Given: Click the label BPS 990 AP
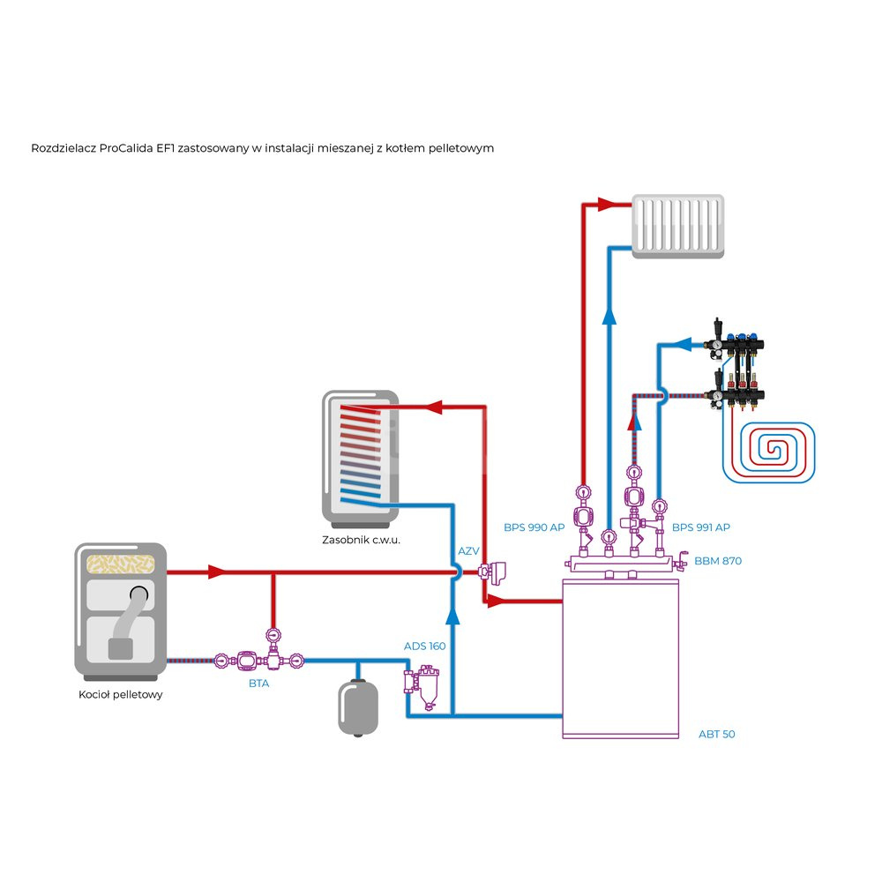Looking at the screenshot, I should pyautogui.click(x=534, y=527).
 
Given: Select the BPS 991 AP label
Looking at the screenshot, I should pyautogui.click(x=700, y=527).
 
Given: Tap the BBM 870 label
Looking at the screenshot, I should pyautogui.click(x=718, y=560).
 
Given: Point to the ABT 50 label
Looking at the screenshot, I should pyautogui.click(x=716, y=734).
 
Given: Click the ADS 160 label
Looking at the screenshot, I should pyautogui.click(x=424, y=646).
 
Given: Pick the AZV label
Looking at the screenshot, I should pyautogui.click(x=468, y=551).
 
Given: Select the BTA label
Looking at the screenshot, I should pyautogui.click(x=258, y=683).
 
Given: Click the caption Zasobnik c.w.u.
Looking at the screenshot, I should pyautogui.click(x=362, y=539).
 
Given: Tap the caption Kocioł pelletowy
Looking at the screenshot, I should pyautogui.click(x=120, y=694).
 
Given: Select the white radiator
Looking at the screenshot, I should pyautogui.click(x=678, y=226).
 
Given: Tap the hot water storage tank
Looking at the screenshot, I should pyautogui.click(x=360, y=454).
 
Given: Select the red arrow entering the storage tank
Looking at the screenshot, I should pyautogui.click(x=432, y=407).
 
